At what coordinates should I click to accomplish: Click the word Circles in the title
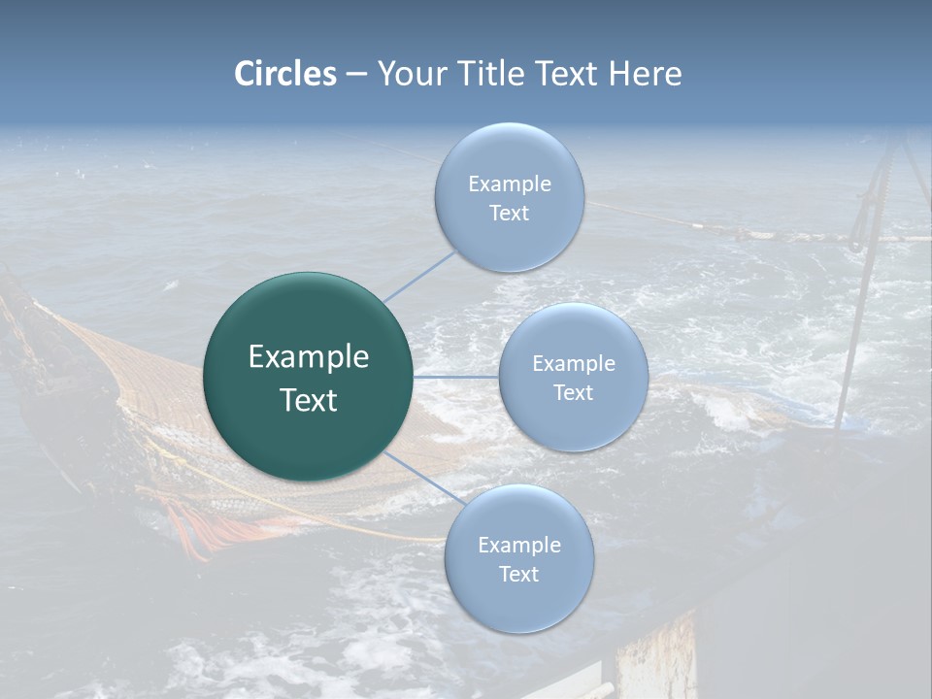pyautogui.click(x=284, y=74)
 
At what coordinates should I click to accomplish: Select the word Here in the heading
pyautogui.click(x=645, y=74)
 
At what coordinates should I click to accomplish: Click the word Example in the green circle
pyautogui.click(x=309, y=357)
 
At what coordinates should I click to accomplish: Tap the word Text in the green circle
pyautogui.click(x=309, y=400)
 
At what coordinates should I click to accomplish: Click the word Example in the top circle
pyautogui.click(x=509, y=184)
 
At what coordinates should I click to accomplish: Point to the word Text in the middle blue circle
pyautogui.click(x=573, y=393)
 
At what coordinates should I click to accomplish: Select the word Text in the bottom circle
pyautogui.click(x=518, y=575)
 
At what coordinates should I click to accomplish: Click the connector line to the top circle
pyautogui.click(x=419, y=277)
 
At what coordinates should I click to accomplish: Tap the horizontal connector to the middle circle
pyautogui.click(x=455, y=376)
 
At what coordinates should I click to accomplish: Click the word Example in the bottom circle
pyautogui.click(x=518, y=546)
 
